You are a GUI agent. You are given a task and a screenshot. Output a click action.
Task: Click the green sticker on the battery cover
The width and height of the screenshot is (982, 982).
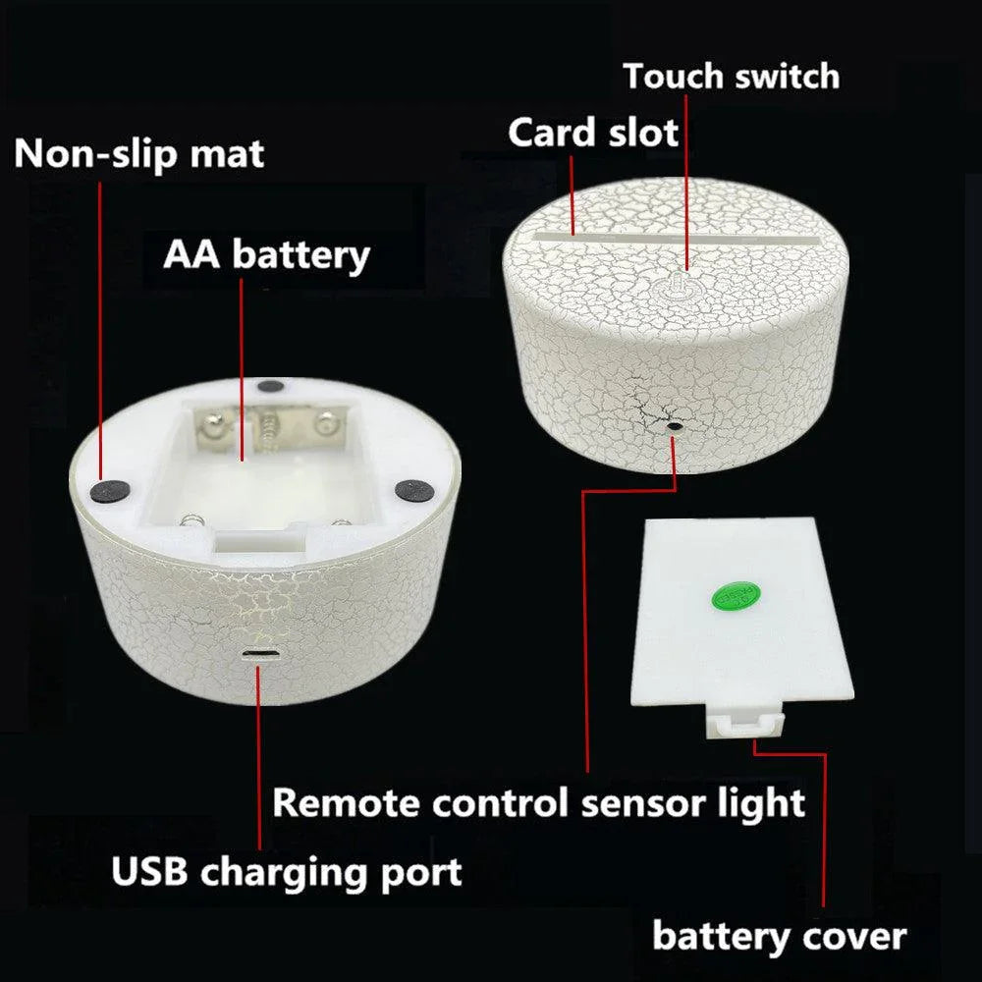pyautogui.click(x=736, y=596)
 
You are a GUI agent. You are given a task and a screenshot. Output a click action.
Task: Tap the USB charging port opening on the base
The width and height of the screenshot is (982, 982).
pyautogui.click(x=260, y=654)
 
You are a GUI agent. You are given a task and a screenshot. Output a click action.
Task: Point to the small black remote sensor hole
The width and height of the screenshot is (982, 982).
pyautogui.click(x=675, y=426)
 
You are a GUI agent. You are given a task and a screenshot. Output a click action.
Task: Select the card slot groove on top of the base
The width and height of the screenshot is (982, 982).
pyautogui.click(x=677, y=239)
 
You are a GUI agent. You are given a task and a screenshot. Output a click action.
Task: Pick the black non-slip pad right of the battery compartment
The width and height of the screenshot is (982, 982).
pyautogui.click(x=414, y=490)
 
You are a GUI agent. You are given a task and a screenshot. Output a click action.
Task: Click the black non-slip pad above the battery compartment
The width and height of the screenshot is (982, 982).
pyautogui.click(x=270, y=386)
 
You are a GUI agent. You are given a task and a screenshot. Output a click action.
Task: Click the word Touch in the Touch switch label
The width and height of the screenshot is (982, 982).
pyautogui.click(x=674, y=77)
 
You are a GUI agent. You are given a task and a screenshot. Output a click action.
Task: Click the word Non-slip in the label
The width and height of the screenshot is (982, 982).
pyautogui.click(x=97, y=154)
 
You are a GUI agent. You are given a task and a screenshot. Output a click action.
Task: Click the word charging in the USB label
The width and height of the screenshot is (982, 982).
pyautogui.click(x=285, y=873)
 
